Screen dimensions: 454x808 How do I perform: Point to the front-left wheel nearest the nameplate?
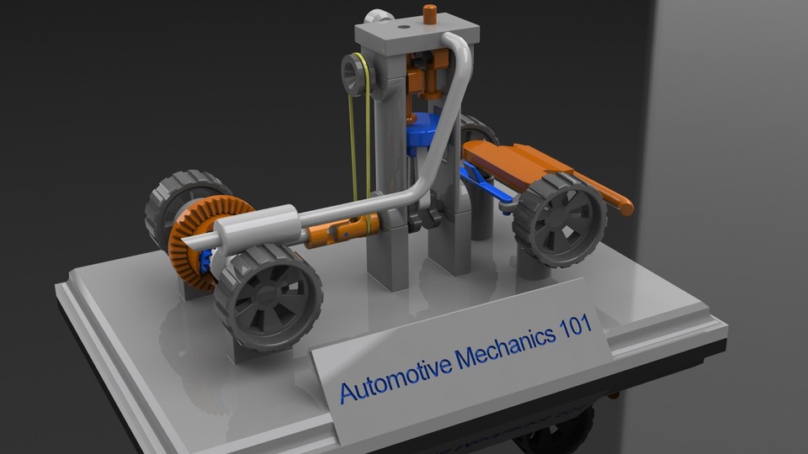coord(268,297)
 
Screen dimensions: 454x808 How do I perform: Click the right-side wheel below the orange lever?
coord(559,219)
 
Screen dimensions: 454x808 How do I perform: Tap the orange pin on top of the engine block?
coord(430,14)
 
